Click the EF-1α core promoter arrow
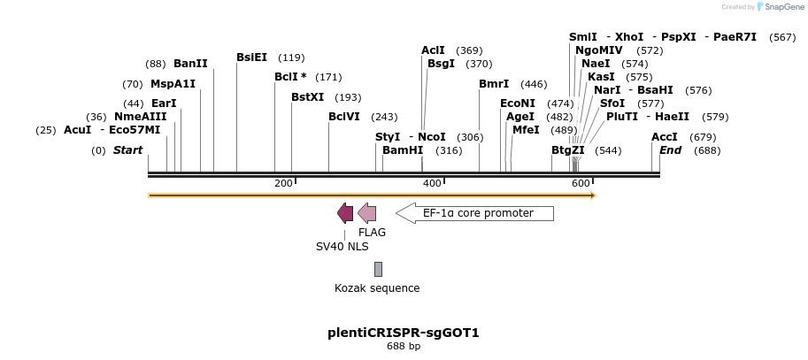[474, 213]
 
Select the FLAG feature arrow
[366, 213]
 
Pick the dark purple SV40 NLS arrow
[345, 213]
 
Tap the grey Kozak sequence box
[379, 269]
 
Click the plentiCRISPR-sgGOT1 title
[404, 333]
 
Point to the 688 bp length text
[404, 347]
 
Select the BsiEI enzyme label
[251, 57]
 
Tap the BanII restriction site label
[190, 64]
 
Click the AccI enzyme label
[665, 137]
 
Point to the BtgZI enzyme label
[568, 150]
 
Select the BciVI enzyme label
[343, 117]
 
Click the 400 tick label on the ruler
[432, 183]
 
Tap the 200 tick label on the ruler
[283, 183]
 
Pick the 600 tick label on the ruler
[581, 183]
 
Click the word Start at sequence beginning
[127, 150]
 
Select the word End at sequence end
[671, 150]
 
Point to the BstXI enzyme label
[308, 97]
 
